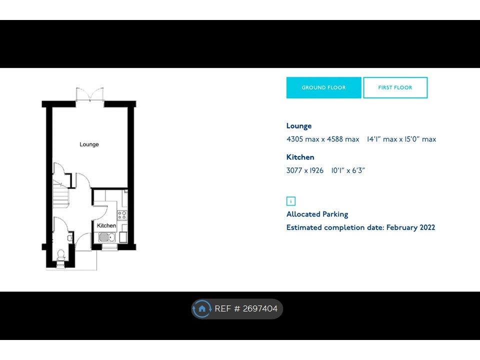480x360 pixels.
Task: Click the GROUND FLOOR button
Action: (323, 87)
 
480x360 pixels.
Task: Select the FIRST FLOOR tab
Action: (395, 87)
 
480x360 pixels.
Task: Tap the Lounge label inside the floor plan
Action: (89, 144)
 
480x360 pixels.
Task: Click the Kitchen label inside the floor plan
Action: (106, 225)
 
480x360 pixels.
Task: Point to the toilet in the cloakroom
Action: (61, 255)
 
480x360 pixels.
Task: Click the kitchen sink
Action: (107, 237)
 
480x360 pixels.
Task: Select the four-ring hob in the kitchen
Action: (122, 215)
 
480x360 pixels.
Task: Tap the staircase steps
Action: (60, 194)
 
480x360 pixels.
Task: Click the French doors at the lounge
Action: (89, 94)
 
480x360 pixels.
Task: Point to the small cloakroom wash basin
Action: (70, 238)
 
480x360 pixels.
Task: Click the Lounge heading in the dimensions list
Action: (299, 126)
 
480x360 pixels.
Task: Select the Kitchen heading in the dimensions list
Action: (300, 157)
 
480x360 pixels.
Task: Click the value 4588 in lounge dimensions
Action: (334, 139)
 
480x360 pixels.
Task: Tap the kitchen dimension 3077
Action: (294, 170)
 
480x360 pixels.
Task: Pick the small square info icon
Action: (291, 201)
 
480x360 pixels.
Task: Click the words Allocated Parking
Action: (317, 214)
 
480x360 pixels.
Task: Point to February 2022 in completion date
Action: (410, 227)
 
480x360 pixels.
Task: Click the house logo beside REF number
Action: (201, 308)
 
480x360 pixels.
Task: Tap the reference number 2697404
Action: (260, 308)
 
